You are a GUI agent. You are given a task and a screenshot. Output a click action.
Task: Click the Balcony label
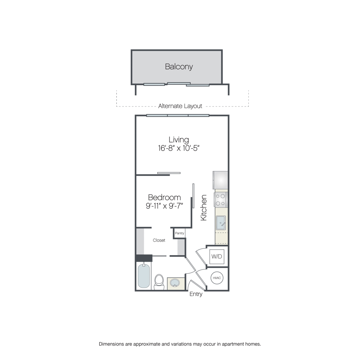tap(179, 66)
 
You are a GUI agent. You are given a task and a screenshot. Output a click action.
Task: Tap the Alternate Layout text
tap(180, 106)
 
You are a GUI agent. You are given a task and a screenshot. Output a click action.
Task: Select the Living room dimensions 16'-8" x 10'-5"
tap(178, 148)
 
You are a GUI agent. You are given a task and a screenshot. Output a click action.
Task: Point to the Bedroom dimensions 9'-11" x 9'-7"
tap(164, 206)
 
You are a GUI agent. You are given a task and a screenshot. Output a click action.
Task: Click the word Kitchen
tap(204, 208)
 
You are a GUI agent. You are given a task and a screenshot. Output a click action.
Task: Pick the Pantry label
tap(180, 233)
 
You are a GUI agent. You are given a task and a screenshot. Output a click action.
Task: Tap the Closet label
tap(159, 240)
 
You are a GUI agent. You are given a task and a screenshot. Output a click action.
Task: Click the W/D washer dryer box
tap(217, 256)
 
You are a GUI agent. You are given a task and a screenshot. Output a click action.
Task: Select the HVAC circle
tap(217, 278)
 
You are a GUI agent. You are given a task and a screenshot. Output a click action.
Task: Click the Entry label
tap(196, 294)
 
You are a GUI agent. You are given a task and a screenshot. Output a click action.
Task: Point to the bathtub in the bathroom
tap(144, 276)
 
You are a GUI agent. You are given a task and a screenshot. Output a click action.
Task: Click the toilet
tap(159, 282)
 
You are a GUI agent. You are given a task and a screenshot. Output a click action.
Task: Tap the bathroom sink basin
tap(176, 284)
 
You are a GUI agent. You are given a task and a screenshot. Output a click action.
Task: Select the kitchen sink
tap(221, 223)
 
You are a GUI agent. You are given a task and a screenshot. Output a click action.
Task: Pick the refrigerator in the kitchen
tap(220, 180)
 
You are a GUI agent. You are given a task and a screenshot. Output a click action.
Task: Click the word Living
tap(179, 140)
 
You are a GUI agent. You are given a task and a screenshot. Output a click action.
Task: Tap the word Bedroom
tap(164, 198)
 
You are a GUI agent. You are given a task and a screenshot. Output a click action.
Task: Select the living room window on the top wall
tap(178, 115)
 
